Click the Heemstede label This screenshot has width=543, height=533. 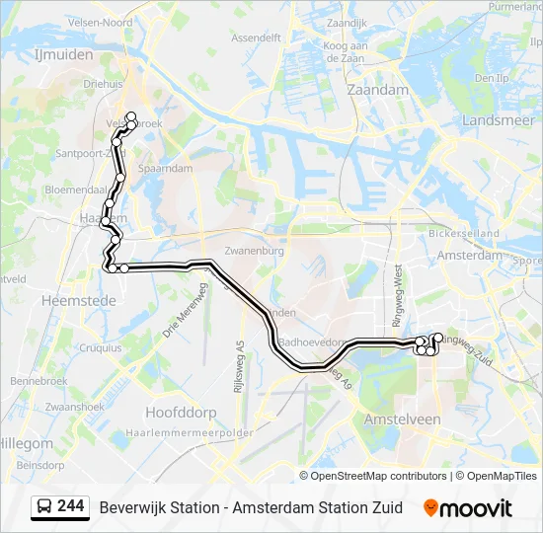(x=67, y=298)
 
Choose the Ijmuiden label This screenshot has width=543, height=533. (x=63, y=55)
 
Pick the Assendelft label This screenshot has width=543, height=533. (x=256, y=38)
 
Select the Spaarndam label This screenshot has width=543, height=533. (x=165, y=169)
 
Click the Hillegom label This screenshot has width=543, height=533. (x=28, y=443)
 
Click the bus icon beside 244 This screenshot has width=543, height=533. (x=44, y=506)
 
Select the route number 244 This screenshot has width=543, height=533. (x=70, y=506)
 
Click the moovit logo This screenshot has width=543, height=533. (x=468, y=508)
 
